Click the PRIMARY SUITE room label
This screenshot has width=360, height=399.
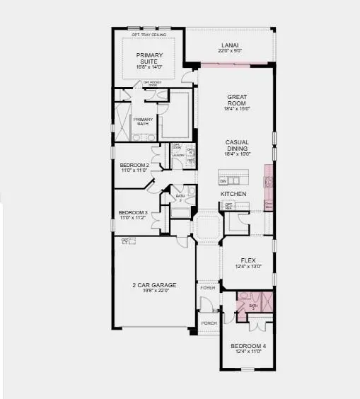tap(149, 57)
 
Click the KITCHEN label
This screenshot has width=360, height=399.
tap(233, 193)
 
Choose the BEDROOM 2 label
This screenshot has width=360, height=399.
tap(133, 165)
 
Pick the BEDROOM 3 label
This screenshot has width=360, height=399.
tap(132, 212)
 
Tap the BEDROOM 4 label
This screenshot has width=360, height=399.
tap(248, 347)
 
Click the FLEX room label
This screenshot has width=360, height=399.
tap(248, 260)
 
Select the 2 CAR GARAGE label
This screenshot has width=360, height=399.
tap(153, 284)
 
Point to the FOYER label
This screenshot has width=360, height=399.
tap(208, 288)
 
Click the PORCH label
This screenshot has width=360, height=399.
tap(209, 323)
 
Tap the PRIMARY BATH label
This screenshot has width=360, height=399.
tap(143, 122)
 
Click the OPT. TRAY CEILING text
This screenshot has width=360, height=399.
tap(149, 34)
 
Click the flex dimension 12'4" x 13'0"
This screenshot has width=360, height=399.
tap(248, 266)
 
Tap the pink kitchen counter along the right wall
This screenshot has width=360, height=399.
tap(268, 187)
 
